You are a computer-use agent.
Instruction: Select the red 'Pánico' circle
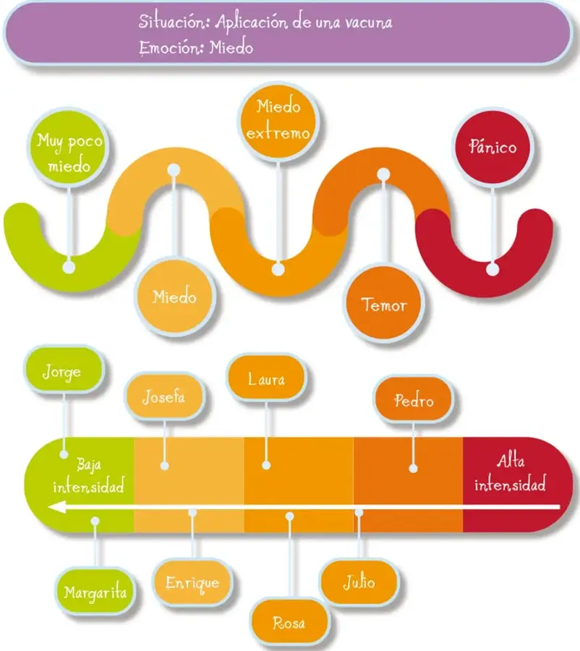tap(492, 148)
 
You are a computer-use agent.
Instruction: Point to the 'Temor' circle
tap(383, 304)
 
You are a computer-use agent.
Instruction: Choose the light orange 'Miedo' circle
tap(174, 297)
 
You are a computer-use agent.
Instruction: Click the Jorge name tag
tap(63, 370)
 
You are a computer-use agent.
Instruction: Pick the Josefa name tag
tap(164, 397)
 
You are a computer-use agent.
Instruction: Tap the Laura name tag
tap(266, 378)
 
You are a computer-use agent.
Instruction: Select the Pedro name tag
tap(413, 400)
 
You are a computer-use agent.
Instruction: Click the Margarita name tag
tap(95, 591)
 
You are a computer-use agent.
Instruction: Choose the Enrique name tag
tap(192, 582)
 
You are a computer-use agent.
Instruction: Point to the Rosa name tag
tap(289, 622)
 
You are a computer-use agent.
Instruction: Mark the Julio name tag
tap(359, 582)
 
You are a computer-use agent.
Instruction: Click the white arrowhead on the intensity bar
tap(57, 507)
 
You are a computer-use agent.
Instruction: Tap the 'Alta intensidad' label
tap(511, 473)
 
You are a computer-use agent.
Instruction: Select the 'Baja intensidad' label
tap(89, 475)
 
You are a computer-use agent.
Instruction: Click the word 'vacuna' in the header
tap(369, 22)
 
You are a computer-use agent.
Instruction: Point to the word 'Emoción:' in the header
tap(171, 47)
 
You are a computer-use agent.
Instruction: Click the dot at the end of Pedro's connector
tap(413, 469)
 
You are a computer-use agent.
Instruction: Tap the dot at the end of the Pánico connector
tap(492, 269)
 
